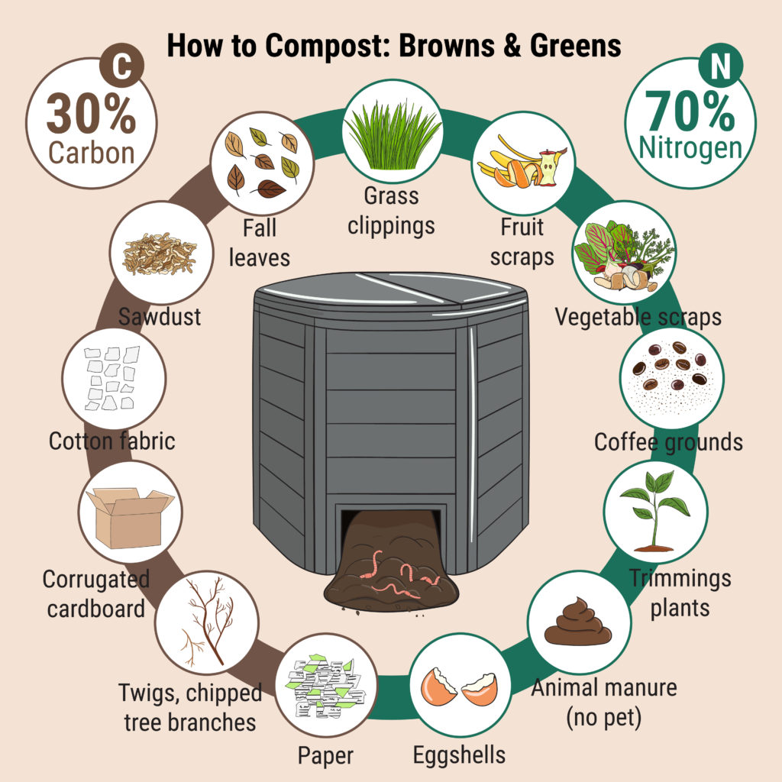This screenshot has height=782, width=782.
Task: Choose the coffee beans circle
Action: point(672,371)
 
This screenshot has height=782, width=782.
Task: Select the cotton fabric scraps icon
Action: point(111,377)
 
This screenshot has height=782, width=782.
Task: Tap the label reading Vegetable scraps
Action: point(638,315)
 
